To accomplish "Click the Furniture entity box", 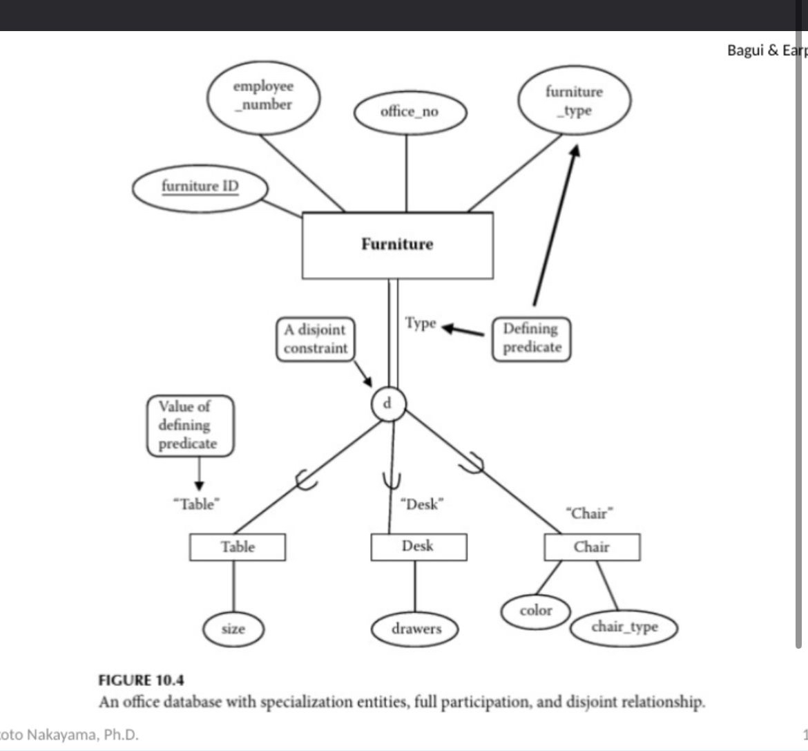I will [397, 245].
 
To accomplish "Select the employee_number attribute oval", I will [263, 96].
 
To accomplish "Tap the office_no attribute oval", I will [410, 112].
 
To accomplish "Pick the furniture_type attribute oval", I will [574, 102].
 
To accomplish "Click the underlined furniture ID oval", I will [200, 187].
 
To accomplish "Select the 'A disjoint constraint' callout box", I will [315, 339].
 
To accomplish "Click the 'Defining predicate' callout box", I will [531, 338].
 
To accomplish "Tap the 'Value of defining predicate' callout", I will [189, 426].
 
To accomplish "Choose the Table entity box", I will [237, 547].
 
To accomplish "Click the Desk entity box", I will [418, 546].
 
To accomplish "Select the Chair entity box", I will [592, 547].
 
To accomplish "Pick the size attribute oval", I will [233, 629].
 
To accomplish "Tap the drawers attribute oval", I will [416, 629].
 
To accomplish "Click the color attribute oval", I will [536, 611].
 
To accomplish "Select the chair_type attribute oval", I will [624, 627].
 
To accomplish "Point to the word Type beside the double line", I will [421, 323].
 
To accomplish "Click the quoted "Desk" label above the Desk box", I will [421, 505].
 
